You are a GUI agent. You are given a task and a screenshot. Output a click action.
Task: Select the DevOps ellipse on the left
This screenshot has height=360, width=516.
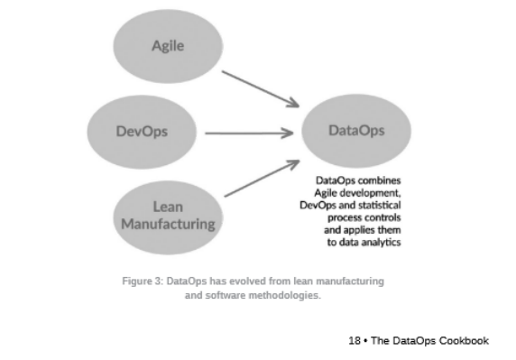tap(143, 132)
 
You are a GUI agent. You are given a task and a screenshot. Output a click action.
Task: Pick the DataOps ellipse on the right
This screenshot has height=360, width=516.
tap(356, 130)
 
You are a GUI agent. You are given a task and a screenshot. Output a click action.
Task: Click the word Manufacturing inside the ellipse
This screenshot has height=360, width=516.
tap(169, 225)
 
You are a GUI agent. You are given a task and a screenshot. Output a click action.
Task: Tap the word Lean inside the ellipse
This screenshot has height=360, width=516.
tap(168, 208)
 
